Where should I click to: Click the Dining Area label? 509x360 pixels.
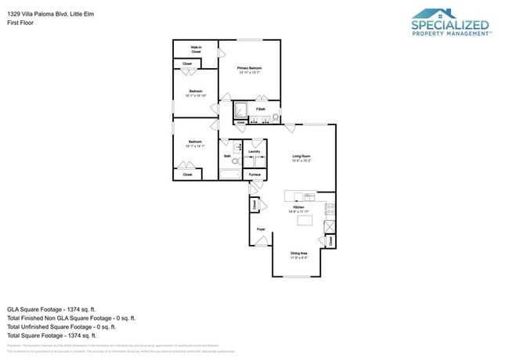pos(298,254)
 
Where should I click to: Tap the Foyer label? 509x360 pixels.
pos(261,229)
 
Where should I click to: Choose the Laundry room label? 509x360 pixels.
pos(254,151)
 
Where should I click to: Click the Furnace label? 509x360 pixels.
pos(254,174)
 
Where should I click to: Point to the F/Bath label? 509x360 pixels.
pos(260,109)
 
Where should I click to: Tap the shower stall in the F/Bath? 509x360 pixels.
pos(241,111)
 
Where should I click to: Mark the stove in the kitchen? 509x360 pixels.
pos(330,209)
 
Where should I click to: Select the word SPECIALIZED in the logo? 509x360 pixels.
pos(450,25)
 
